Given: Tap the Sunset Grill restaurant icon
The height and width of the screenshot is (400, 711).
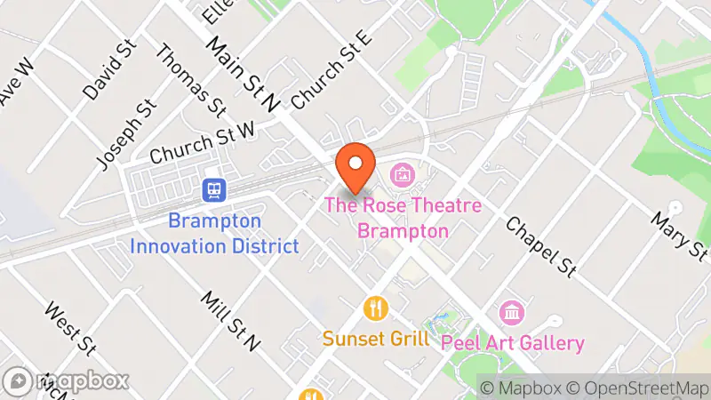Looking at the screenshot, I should coord(377,308).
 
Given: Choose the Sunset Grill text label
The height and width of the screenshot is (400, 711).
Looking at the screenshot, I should coord(376,339).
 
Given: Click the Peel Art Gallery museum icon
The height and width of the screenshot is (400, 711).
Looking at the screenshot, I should coord(512,313).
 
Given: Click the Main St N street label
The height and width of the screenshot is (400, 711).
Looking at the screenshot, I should coord(243,73).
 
